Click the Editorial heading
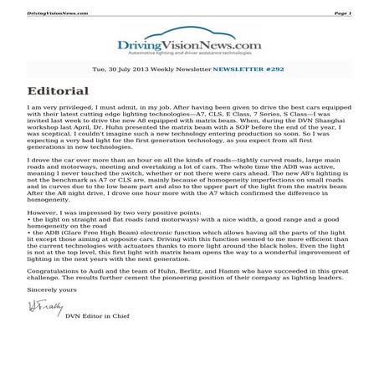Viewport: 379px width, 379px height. pyautogui.click(x=58, y=90)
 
